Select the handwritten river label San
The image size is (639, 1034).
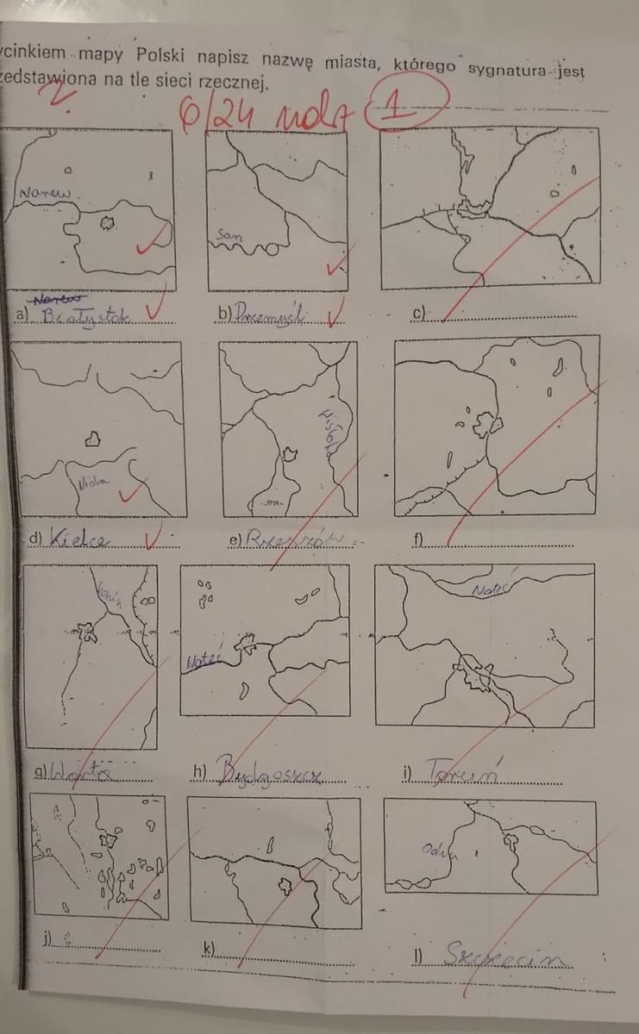(x=229, y=234)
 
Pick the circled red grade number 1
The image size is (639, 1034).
(x=406, y=109)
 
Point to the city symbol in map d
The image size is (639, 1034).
(x=91, y=439)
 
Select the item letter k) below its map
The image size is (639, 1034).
(x=209, y=950)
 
